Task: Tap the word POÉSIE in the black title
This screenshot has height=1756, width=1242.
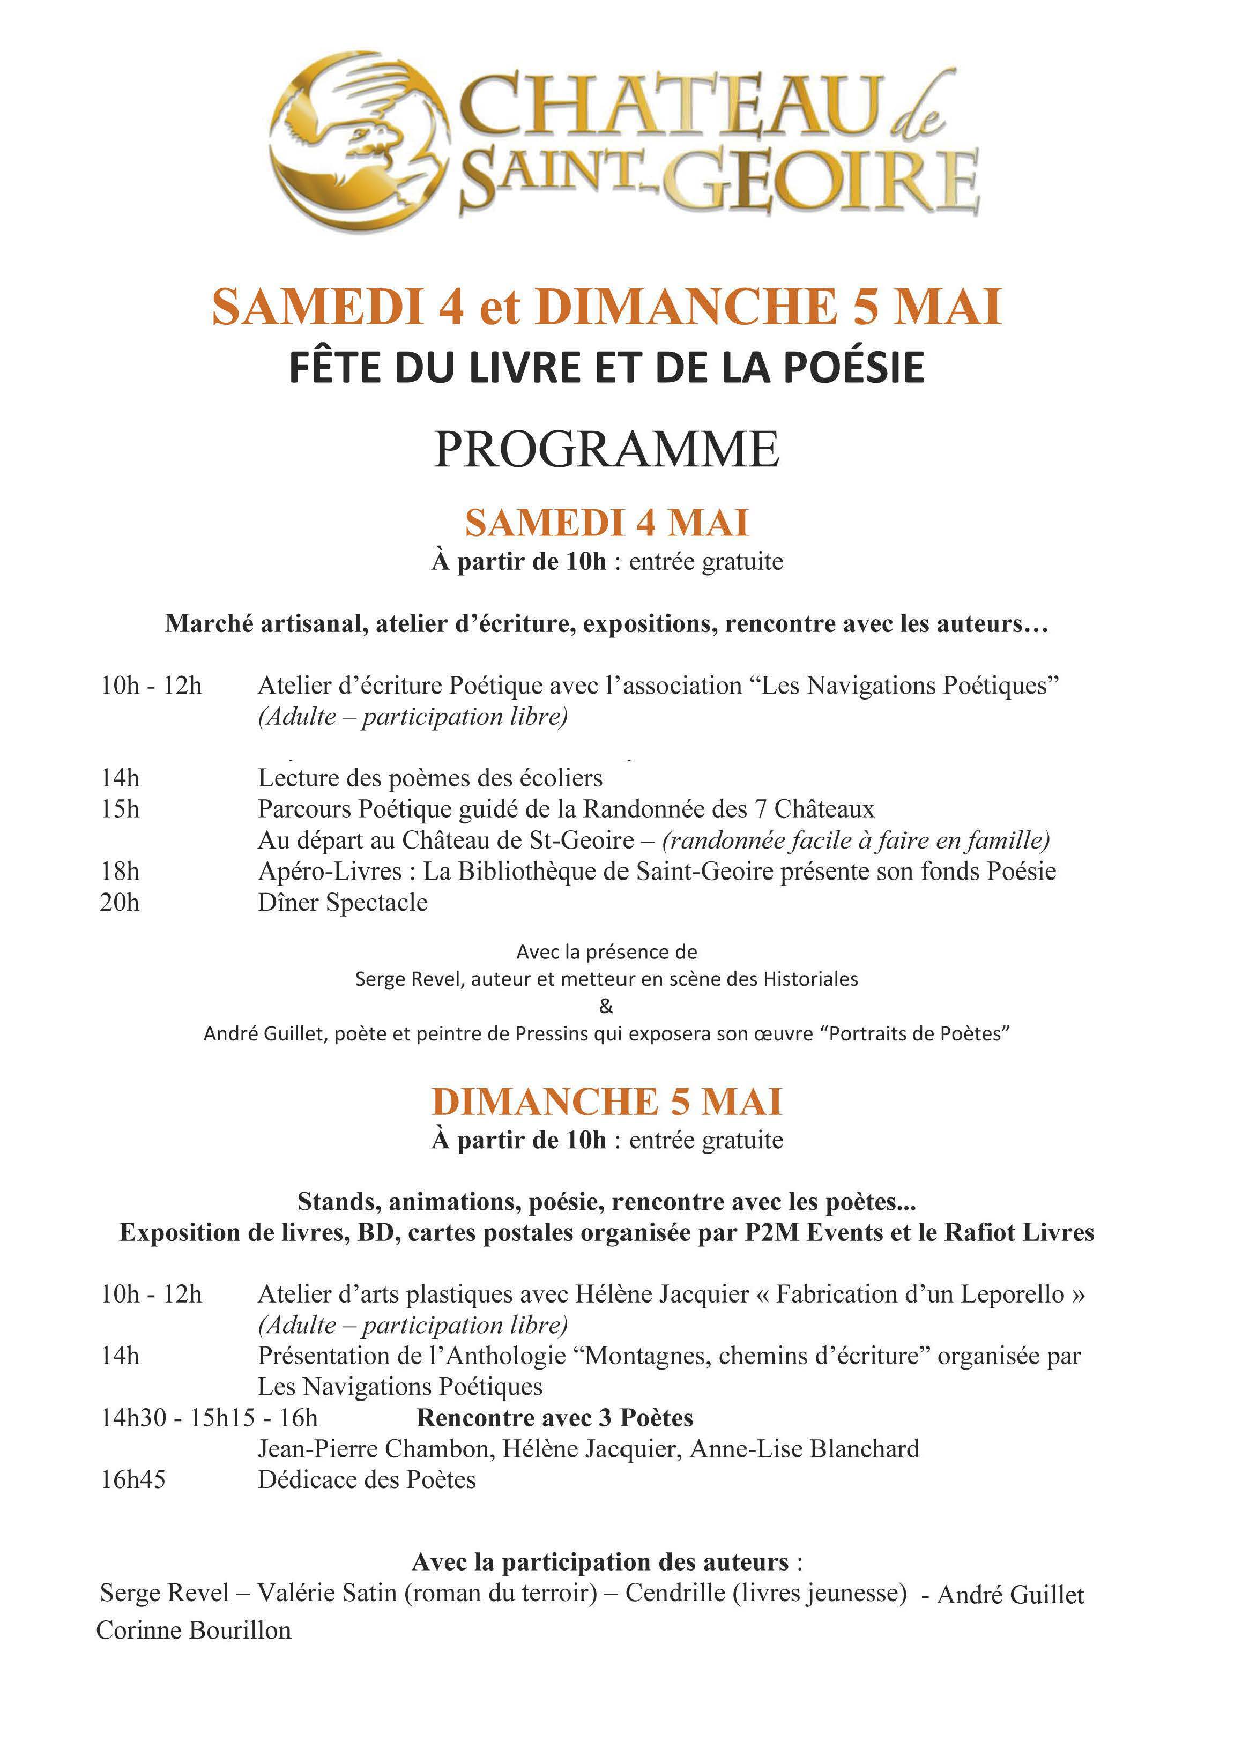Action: (x=854, y=368)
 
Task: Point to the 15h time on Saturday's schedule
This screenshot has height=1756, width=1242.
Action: (x=120, y=809)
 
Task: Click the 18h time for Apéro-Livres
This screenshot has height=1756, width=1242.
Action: (x=120, y=871)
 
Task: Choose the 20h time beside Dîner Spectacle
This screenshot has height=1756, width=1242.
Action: (x=120, y=903)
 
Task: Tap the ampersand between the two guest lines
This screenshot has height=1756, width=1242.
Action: (x=606, y=1007)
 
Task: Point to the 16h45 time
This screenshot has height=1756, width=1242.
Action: (x=133, y=1480)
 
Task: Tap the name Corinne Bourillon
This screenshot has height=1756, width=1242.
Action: (x=194, y=1630)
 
